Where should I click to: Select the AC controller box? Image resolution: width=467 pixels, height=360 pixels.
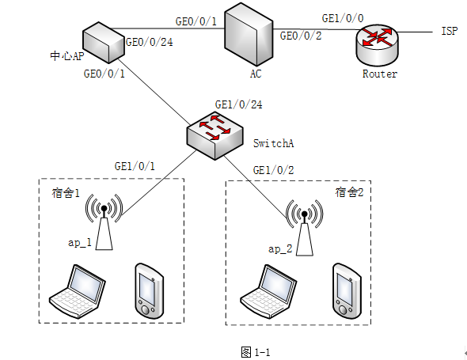tap(249, 34)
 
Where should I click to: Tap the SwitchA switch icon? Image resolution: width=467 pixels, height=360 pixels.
tap(215, 136)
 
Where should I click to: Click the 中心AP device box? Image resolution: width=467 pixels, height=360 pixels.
tap(104, 42)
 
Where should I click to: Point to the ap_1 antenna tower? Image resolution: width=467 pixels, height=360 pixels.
tap(104, 222)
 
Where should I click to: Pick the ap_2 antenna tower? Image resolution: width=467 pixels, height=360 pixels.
tap(305, 228)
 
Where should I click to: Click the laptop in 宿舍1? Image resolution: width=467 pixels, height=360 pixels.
tap(78, 291)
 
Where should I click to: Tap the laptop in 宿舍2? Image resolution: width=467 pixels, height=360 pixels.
tap(268, 291)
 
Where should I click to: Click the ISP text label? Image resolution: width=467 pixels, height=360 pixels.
tap(449, 31)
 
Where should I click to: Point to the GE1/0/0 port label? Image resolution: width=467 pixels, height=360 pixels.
tap(343, 18)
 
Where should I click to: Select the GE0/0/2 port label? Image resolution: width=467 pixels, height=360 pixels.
tap(301, 36)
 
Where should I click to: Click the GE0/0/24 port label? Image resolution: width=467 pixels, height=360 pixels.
tap(150, 42)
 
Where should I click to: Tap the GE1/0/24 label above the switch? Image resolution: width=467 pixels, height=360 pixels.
tap(238, 104)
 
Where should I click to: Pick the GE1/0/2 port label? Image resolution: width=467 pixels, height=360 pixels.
tap(273, 170)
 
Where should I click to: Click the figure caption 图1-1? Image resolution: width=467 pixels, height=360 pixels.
tap(255, 352)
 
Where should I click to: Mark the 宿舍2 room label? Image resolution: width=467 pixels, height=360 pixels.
tap(349, 192)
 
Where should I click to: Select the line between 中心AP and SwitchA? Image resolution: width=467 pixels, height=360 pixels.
tap(154, 92)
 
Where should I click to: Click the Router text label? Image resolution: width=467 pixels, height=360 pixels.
tap(380, 74)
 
